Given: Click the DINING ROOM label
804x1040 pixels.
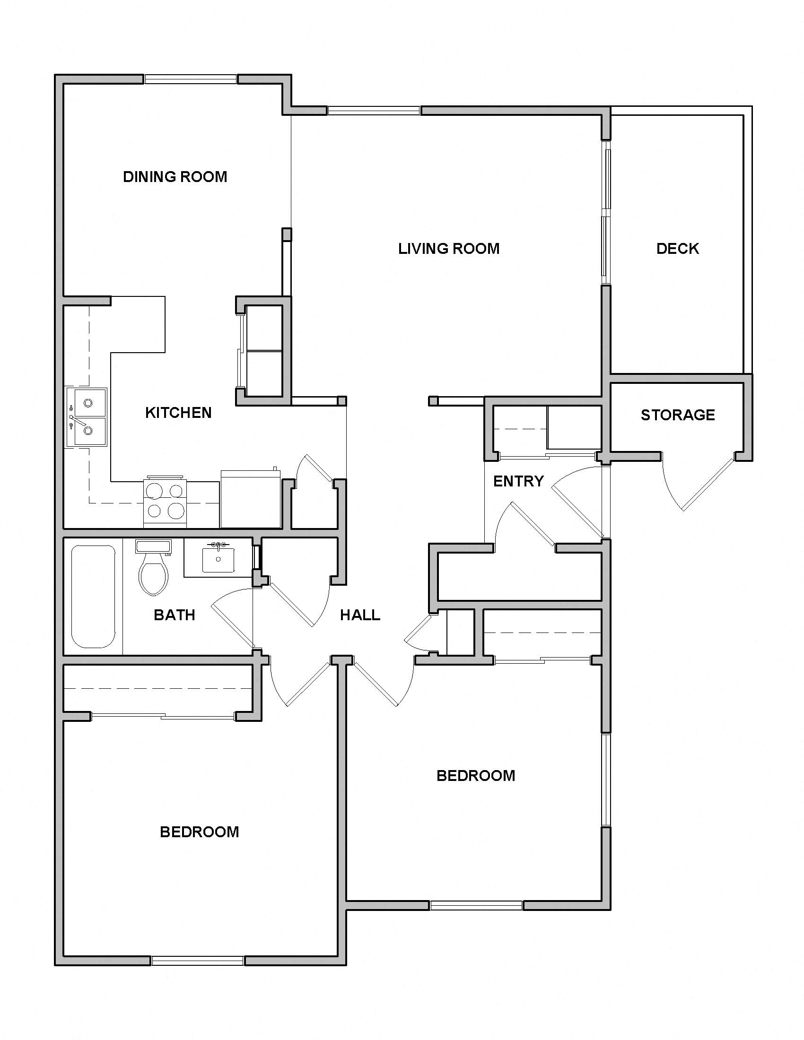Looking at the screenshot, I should pyautogui.click(x=175, y=177).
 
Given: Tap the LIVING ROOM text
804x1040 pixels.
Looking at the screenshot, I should pyautogui.click(x=449, y=249).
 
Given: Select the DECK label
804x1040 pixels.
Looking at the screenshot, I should pyautogui.click(x=677, y=249).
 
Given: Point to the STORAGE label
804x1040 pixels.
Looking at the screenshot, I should pyautogui.click(x=677, y=415).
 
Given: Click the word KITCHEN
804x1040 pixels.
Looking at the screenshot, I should pyautogui.click(x=178, y=413).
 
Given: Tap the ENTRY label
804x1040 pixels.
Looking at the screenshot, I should pyautogui.click(x=518, y=481).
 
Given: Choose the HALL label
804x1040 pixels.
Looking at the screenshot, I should pyautogui.click(x=360, y=615).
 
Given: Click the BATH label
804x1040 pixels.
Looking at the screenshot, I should pyautogui.click(x=175, y=615).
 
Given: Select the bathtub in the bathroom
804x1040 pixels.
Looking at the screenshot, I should pyautogui.click(x=93, y=596).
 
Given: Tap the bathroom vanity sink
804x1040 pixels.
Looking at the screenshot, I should pyautogui.click(x=218, y=559).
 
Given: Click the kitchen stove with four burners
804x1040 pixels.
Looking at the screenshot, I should pyautogui.click(x=165, y=501).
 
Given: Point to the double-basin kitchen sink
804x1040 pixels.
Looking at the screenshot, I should pyautogui.click(x=87, y=416).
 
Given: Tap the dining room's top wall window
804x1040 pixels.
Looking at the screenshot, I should pyautogui.click(x=191, y=79).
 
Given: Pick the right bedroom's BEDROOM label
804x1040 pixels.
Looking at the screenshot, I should pyautogui.click(x=475, y=776).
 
